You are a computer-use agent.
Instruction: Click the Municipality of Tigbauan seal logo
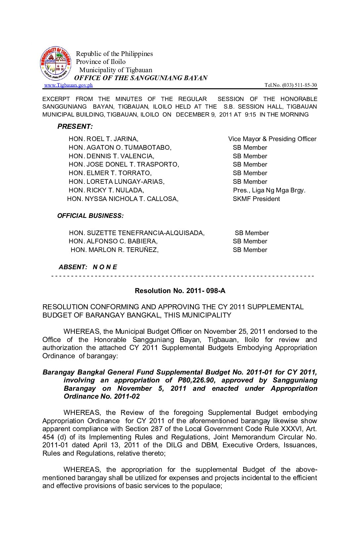pyautogui.click(x=56, y=63)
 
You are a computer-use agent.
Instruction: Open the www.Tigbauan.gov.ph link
pyautogui.click(x=68, y=85)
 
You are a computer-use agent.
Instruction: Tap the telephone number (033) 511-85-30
pyautogui.click(x=299, y=85)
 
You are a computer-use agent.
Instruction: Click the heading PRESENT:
pyautogui.click(x=75, y=126)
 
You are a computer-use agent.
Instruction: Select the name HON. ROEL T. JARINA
pyautogui.click(x=104, y=139)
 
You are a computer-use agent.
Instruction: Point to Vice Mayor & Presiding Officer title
pyautogui.click(x=272, y=139)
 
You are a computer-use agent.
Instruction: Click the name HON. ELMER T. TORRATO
pyautogui.click(x=110, y=173)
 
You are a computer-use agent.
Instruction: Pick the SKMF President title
pyautogui.click(x=256, y=199)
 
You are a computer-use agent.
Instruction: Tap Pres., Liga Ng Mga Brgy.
pyautogui.click(x=269, y=190)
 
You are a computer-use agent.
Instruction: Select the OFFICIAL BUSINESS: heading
pyautogui.click(x=90, y=216)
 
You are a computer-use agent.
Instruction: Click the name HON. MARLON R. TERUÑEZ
pyautogui.click(x=114, y=250)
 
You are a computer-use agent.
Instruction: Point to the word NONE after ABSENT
pyautogui.click(x=105, y=267)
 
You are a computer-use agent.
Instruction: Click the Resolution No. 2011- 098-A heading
pyautogui.click(x=180, y=291)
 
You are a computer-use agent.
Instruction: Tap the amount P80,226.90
pyautogui.click(x=197, y=380)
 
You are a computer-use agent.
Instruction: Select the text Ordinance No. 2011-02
pyautogui.click(x=102, y=396)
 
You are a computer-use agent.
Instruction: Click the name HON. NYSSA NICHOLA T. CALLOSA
pyautogui.click(x=123, y=199)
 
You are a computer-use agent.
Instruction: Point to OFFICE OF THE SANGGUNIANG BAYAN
pyautogui.click(x=141, y=78)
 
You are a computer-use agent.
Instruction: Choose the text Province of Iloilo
pyautogui.click(x=101, y=62)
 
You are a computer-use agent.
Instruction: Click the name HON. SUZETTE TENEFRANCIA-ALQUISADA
pyautogui.click(x=137, y=233)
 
